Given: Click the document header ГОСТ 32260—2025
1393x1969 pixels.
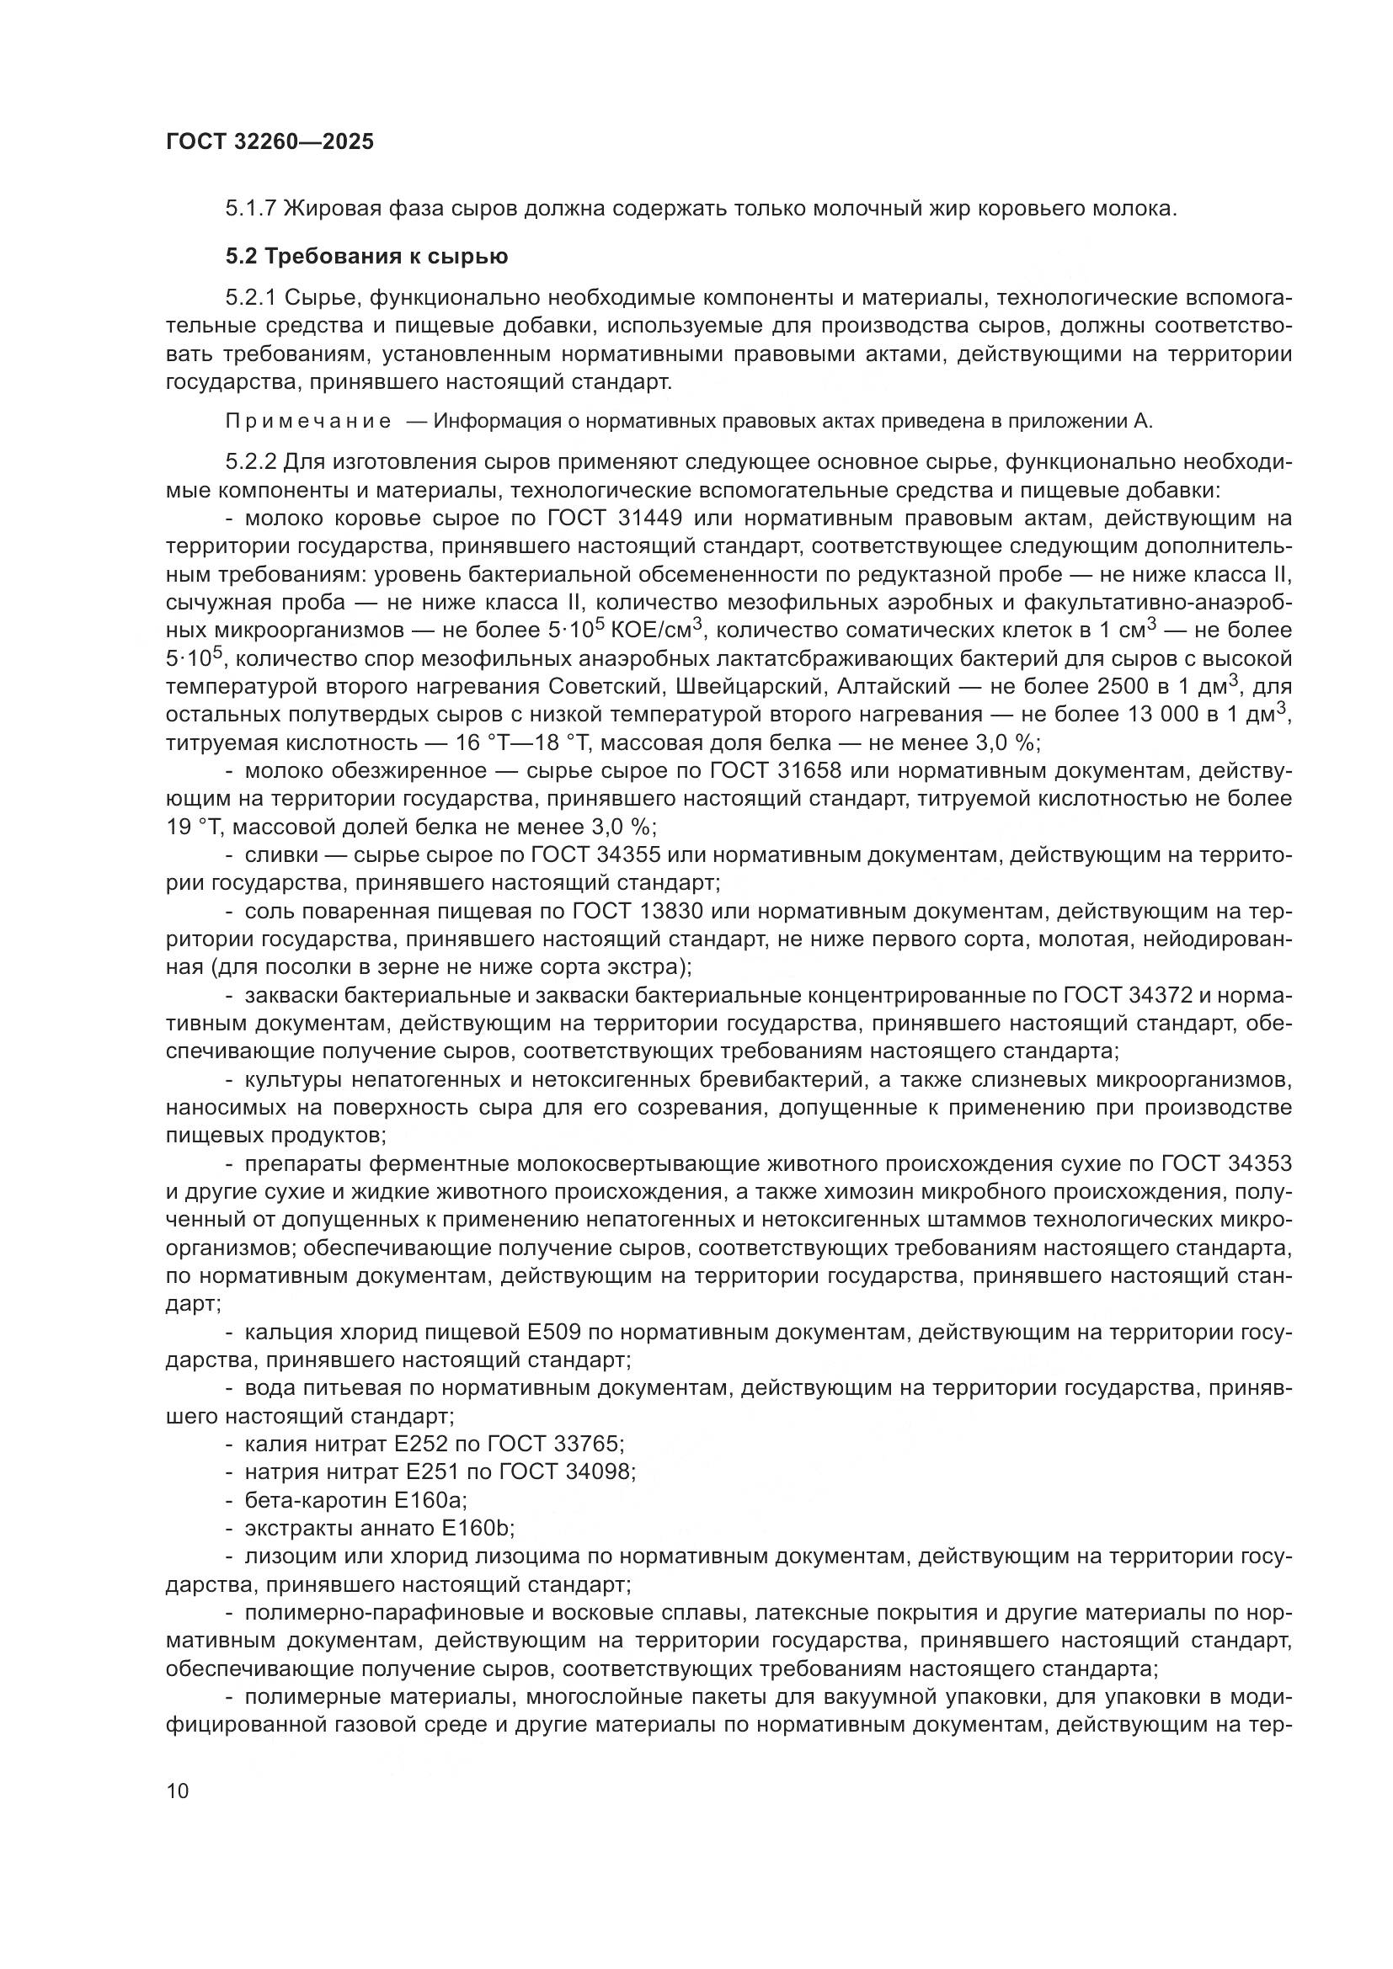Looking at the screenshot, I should (270, 142).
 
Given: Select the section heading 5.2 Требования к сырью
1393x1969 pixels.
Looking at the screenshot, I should (367, 257).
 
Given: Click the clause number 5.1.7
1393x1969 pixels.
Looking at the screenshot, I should (250, 209).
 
